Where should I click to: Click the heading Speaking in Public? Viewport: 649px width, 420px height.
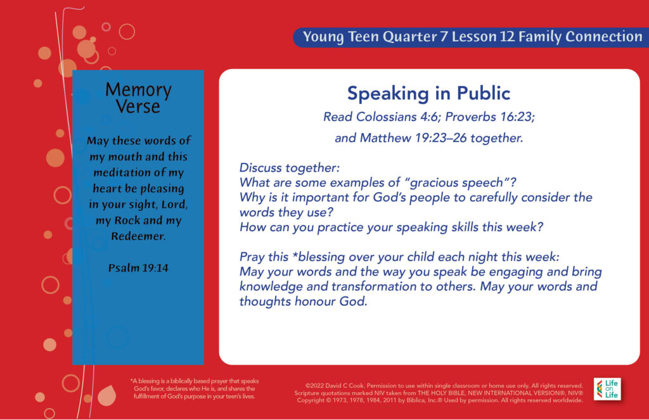pos(428,94)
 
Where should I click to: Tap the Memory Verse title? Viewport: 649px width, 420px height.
pos(138,98)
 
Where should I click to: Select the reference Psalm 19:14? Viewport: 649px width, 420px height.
pos(138,268)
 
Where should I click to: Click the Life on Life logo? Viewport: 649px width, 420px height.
pos(607,389)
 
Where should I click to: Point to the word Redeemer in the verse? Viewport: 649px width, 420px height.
pos(138,236)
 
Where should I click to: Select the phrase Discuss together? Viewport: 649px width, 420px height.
pos(289,168)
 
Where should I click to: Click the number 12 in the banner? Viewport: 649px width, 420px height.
pos(507,36)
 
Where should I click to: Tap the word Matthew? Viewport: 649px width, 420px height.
pos(385,138)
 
